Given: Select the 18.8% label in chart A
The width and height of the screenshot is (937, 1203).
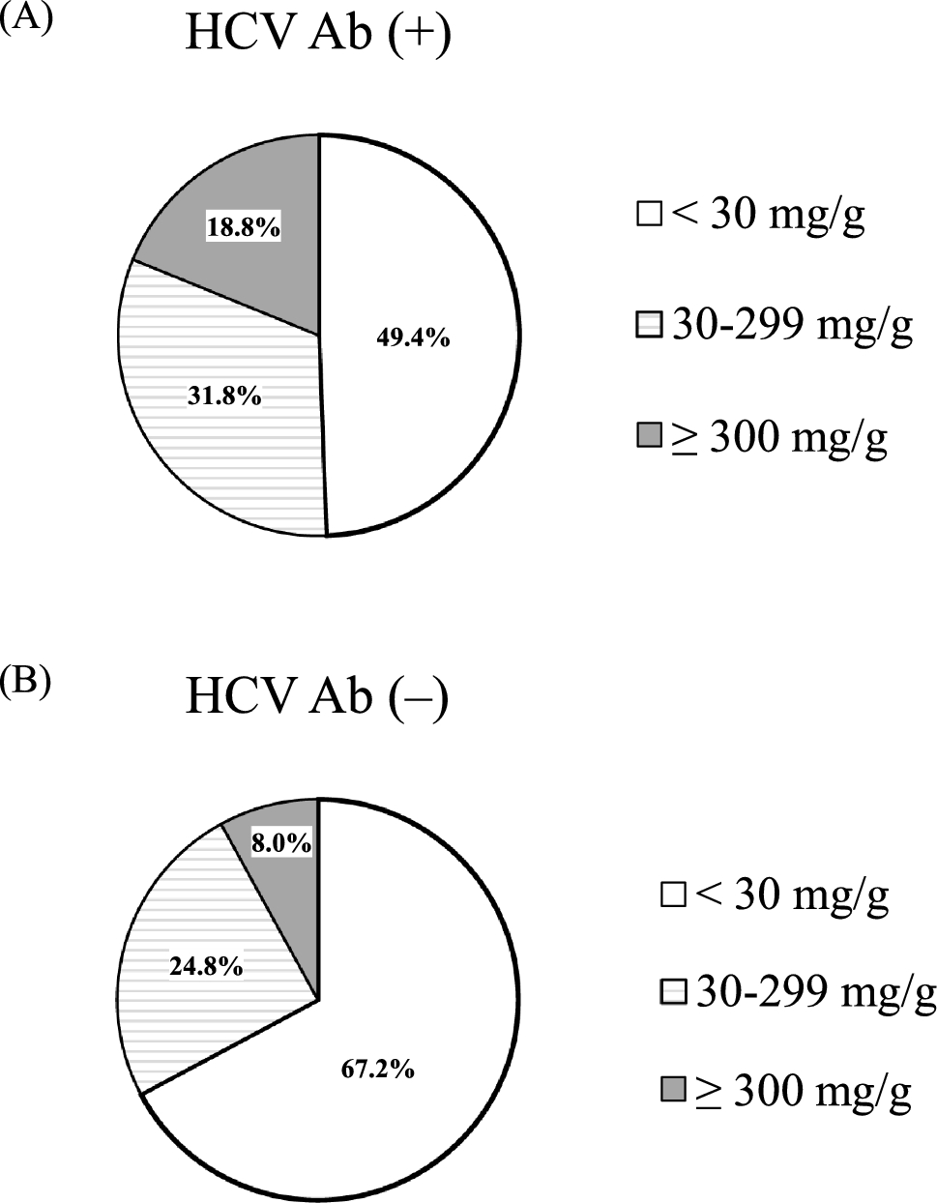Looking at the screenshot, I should pyautogui.click(x=243, y=228).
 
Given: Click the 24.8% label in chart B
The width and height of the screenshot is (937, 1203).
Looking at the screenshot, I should pyautogui.click(x=206, y=965).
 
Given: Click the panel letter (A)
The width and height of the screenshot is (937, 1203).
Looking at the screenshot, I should pyautogui.click(x=25, y=22).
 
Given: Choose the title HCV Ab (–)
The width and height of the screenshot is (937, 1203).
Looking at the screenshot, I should pyautogui.click(x=316, y=698).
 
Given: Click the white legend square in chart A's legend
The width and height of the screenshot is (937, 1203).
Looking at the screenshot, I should pyautogui.click(x=649, y=215).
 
